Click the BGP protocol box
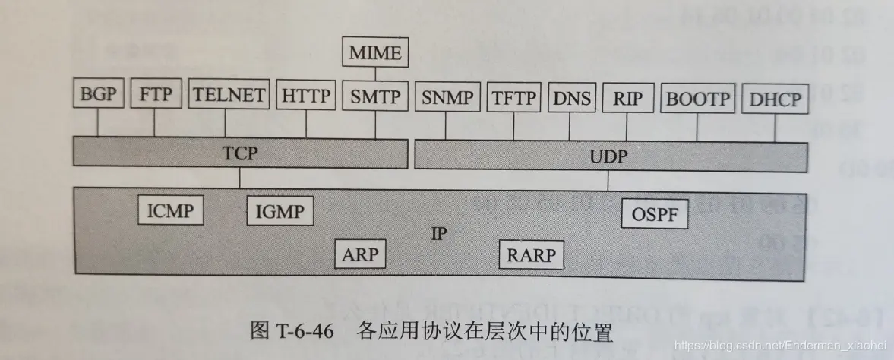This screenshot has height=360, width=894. pos(98,96)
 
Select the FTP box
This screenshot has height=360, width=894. pos(155,96)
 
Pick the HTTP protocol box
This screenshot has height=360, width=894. pos(306,96)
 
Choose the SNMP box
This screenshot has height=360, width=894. pos(447,97)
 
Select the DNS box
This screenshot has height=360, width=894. pos(571,97)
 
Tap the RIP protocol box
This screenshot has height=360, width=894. pos(627,98)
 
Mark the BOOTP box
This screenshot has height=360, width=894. pos(698,99)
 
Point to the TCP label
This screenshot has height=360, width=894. pos(239,153)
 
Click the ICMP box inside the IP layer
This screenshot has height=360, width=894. pos(171,210)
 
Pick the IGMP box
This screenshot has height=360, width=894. pos(280,210)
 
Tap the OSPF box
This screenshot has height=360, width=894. pos(655,214)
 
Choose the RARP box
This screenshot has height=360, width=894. pos(532,254)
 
